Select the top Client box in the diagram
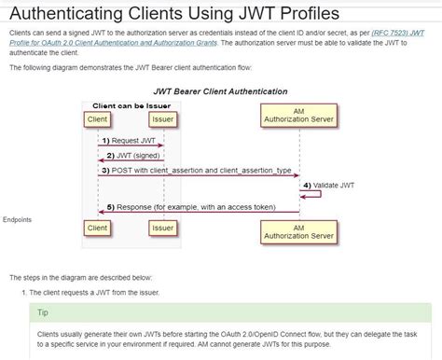[97, 119]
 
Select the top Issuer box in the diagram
[162, 119]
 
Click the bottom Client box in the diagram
[97, 228]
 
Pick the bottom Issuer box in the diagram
[162, 228]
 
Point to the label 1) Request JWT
[130, 140]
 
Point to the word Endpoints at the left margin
[18, 219]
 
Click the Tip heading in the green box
[42, 313]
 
